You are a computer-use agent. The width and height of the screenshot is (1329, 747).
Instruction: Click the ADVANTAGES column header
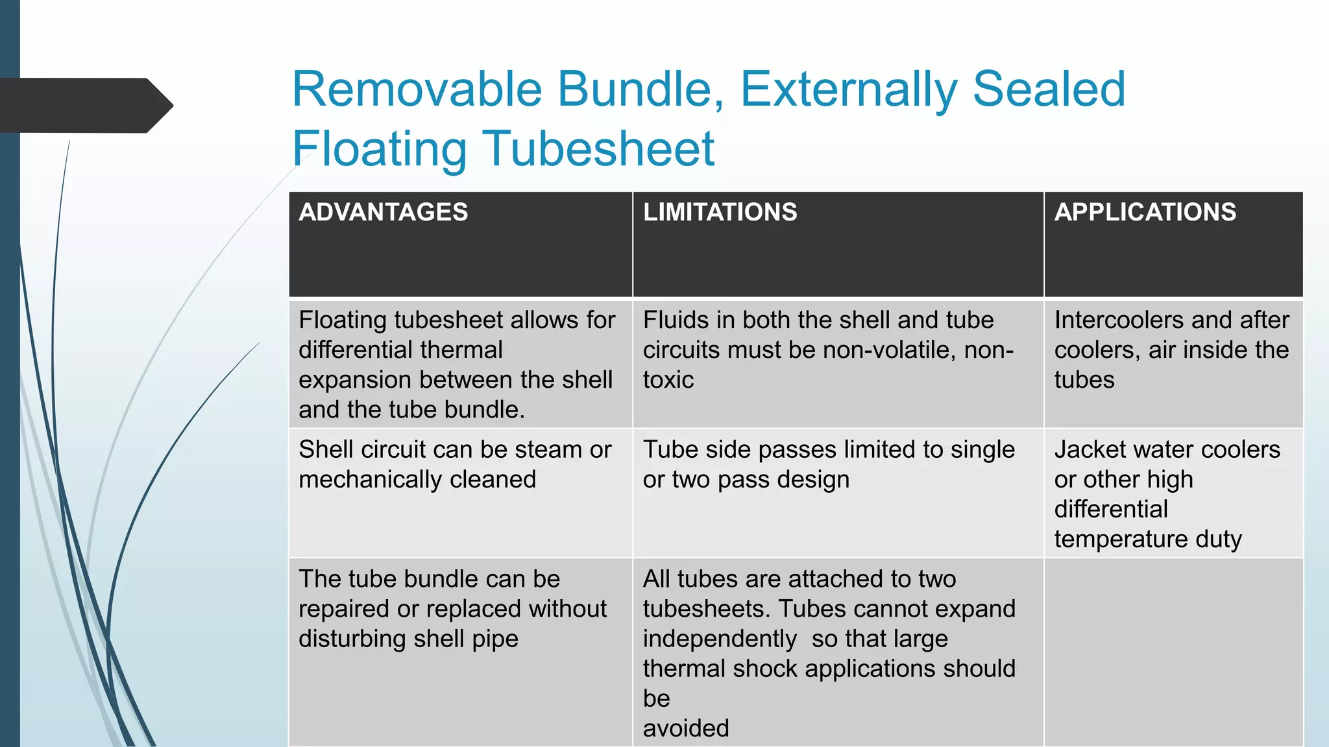(383, 213)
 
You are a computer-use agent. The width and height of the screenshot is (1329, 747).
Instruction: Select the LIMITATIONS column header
(720, 213)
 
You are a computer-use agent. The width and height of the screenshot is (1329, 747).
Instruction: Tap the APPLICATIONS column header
(1145, 213)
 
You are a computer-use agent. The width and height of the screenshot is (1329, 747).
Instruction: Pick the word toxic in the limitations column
(668, 380)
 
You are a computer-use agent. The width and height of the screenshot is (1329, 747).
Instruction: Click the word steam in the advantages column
(546, 449)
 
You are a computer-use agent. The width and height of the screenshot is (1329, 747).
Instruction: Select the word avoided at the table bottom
(686, 728)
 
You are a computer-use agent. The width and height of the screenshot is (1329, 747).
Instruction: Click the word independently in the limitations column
(720, 639)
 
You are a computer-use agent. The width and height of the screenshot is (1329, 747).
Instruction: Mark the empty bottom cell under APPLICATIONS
(1173, 652)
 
